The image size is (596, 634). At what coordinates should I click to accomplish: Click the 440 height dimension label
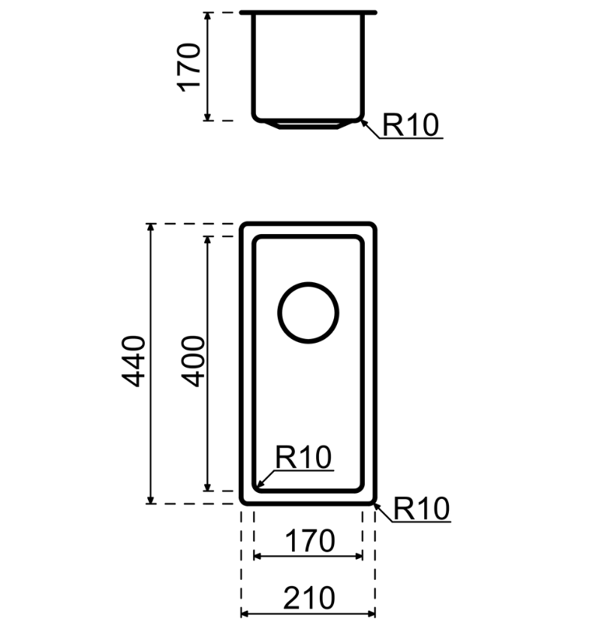tap(134, 362)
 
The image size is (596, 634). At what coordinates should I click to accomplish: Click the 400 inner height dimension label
tap(194, 362)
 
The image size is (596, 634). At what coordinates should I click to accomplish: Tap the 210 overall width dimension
tap(309, 598)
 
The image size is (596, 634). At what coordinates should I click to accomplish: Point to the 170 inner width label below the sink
tap(309, 540)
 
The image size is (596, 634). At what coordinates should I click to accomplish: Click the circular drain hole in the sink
tap(308, 312)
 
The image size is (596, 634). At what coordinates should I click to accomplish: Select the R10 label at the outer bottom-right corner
tap(421, 509)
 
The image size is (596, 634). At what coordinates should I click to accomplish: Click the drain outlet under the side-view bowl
tap(308, 124)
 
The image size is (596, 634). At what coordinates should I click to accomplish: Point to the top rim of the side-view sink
tap(308, 12)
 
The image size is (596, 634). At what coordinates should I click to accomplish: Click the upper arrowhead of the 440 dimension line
tap(151, 227)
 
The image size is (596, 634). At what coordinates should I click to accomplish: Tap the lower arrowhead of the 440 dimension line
tap(151, 500)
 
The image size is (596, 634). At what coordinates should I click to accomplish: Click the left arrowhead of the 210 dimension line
tap(243, 614)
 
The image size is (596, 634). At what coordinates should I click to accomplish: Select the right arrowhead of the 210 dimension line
tap(372, 614)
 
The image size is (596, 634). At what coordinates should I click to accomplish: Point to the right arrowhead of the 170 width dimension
tap(360, 556)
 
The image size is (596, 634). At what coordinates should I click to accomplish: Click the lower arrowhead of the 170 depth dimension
tap(208, 117)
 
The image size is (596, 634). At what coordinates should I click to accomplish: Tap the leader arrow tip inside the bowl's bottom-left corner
tap(257, 486)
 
